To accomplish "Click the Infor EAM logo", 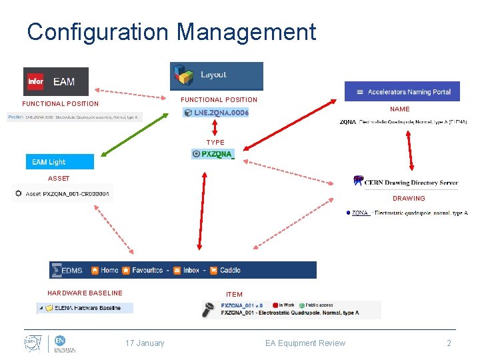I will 55,81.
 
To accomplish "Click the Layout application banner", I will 216,75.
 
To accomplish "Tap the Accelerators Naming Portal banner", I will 402,91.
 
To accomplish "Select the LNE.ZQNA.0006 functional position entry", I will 216,113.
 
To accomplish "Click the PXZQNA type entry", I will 213,154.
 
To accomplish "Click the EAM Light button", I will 59,161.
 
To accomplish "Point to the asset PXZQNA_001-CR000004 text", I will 67,194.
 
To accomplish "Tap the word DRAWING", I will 408,199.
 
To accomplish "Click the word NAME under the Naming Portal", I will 399,109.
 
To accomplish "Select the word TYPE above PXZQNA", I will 215,143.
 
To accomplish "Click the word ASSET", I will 59,179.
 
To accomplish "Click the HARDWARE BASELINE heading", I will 85,293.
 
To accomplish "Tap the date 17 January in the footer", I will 145,343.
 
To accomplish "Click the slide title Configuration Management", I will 171,32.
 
